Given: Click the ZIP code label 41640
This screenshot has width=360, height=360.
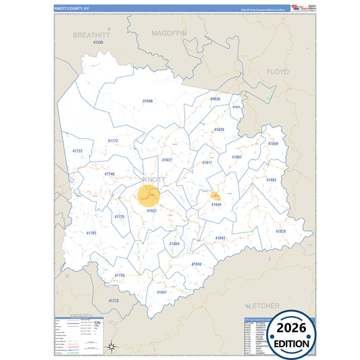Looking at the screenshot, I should point(148,101).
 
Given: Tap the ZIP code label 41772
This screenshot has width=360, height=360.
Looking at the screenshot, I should point(113,141).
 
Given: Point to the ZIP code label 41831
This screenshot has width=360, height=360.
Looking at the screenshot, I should point(167,160).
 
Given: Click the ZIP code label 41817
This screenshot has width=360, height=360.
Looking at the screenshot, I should point(207,163).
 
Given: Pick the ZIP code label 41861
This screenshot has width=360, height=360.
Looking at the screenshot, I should point(236,157).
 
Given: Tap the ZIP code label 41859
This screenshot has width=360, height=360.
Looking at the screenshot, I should point(273,144).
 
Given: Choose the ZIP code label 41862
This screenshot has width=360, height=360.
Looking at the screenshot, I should point(271,180).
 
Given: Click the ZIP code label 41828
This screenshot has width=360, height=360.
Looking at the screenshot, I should point(280,232).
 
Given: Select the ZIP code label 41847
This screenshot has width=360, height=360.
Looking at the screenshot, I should point(161,292).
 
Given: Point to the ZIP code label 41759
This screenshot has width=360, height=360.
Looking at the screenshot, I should point(120,276).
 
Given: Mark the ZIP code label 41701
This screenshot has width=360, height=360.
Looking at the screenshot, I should point(91,233).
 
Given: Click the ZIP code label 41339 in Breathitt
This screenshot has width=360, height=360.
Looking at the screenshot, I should point(98,43).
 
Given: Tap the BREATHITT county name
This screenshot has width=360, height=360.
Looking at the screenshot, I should point(91,34).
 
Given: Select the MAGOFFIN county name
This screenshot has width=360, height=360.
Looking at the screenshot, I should point(170,32).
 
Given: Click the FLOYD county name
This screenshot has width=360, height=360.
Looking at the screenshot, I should point(277,72).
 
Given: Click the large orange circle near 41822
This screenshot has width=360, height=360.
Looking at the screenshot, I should point(149,196).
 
